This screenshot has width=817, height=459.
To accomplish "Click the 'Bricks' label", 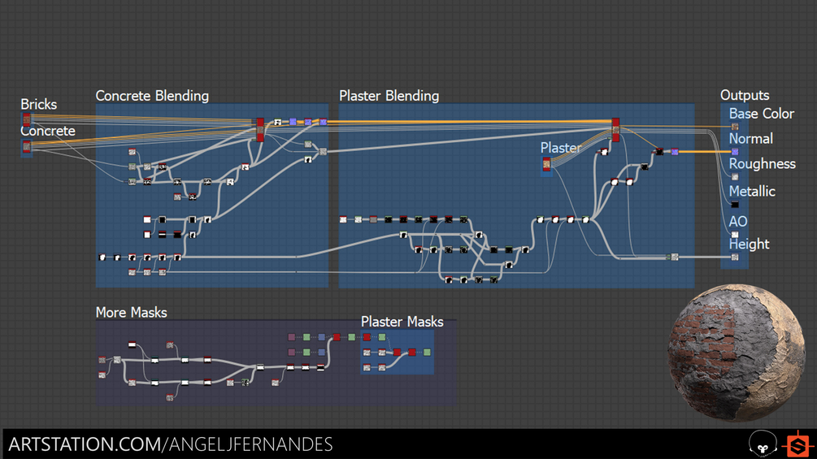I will (x=39, y=104).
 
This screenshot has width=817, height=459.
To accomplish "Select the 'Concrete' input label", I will (x=47, y=131).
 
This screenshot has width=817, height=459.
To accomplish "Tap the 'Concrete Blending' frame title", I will (x=152, y=96).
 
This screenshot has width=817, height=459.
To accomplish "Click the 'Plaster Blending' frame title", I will (x=389, y=96).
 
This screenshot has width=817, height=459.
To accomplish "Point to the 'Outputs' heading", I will (x=745, y=96).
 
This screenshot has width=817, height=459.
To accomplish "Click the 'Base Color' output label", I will (x=761, y=114).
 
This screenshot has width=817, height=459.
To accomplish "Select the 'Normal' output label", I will (x=750, y=139).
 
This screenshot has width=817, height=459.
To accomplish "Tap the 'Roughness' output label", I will (x=762, y=164).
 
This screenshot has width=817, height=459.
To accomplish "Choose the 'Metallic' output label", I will (x=752, y=192).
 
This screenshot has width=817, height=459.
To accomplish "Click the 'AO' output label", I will (x=738, y=221).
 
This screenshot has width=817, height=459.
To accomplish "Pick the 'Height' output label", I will (x=749, y=244).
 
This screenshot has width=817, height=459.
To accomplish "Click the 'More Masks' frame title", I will (x=131, y=312).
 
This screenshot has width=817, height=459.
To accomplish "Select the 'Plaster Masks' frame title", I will (x=402, y=322).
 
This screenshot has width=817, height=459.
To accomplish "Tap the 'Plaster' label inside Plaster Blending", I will (x=561, y=148).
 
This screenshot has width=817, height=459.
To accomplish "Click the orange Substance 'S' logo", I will (x=797, y=444).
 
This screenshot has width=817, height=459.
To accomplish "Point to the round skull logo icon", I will (x=762, y=444).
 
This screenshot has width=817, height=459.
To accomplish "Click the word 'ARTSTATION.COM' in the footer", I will (x=84, y=444).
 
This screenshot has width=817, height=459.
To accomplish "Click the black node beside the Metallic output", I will (x=735, y=205).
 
